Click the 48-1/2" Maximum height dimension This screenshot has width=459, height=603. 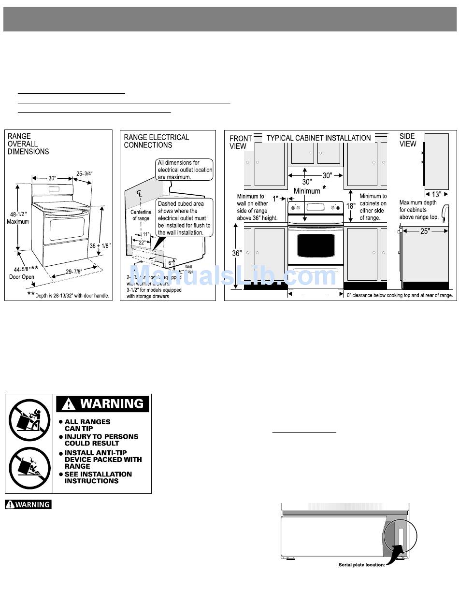click(x=18, y=218)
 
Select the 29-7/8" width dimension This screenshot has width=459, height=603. click(x=73, y=272)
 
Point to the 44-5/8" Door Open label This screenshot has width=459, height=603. click(x=22, y=273)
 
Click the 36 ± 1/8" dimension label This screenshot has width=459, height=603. click(x=101, y=245)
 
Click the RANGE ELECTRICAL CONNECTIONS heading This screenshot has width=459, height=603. click(x=157, y=141)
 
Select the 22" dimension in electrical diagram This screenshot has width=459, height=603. click(x=142, y=243)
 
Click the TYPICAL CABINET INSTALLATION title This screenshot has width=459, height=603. click(x=318, y=138)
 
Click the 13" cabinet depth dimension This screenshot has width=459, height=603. click(x=436, y=195)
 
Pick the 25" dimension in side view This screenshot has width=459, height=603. click(x=425, y=231)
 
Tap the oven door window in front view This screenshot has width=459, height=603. click(x=316, y=245)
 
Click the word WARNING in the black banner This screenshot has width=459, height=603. click(x=112, y=403)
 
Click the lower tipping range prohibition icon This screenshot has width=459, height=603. click(x=29, y=468)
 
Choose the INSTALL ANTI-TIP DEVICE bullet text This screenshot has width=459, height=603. click(x=103, y=459)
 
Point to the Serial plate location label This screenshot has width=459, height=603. click(x=361, y=565)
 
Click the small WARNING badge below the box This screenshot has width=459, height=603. click(x=28, y=504)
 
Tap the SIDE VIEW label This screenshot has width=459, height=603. click(x=407, y=140)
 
